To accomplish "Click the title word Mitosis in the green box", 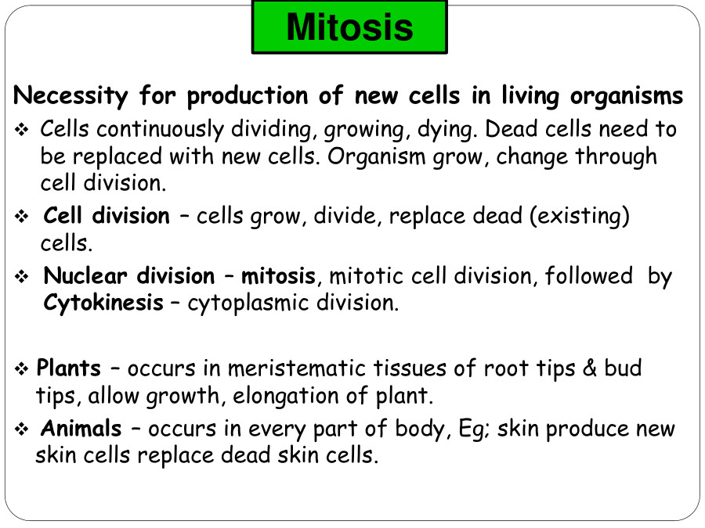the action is pyautogui.click(x=350, y=27).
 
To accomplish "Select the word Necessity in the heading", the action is pyautogui.click(x=70, y=96).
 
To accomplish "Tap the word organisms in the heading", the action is pyautogui.click(x=627, y=96).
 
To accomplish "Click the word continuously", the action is pyautogui.click(x=160, y=130).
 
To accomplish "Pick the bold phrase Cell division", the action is pyautogui.click(x=107, y=216).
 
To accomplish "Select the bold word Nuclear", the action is pyautogui.click(x=85, y=275).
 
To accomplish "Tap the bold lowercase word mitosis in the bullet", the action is pyautogui.click(x=278, y=275).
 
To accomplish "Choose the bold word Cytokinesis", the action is pyautogui.click(x=103, y=303).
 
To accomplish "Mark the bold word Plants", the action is pyautogui.click(x=68, y=368).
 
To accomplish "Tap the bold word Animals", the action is pyautogui.click(x=81, y=429).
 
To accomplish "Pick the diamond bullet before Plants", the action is pyautogui.click(x=21, y=369).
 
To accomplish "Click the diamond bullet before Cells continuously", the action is pyautogui.click(x=21, y=130).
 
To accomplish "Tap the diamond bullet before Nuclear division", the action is pyautogui.click(x=21, y=277).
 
